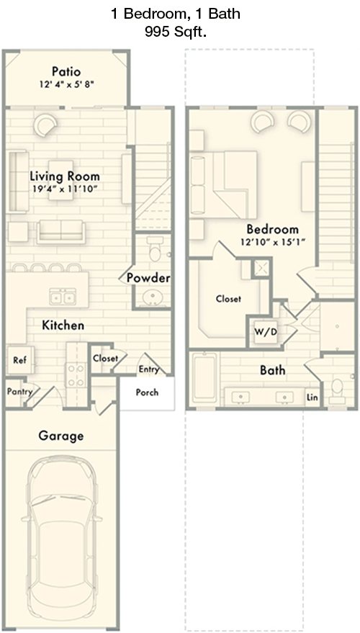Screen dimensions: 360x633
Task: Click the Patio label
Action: tap(66, 72)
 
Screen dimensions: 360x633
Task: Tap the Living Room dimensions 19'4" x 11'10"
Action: tap(66, 189)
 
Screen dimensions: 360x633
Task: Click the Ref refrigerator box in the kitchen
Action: tap(19, 360)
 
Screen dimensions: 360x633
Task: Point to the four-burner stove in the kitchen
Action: tap(77, 375)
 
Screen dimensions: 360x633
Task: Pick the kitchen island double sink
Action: tap(63, 297)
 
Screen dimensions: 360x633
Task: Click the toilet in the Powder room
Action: tap(155, 249)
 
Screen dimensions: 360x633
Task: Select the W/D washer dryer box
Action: tap(266, 332)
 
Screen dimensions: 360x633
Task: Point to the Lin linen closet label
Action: tap(312, 398)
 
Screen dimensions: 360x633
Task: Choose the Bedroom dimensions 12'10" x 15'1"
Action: tap(272, 242)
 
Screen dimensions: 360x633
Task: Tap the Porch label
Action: tap(147, 392)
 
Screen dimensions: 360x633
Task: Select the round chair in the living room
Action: tap(45, 125)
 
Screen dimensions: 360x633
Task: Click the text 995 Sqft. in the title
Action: tap(176, 32)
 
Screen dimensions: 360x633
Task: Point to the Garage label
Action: tap(61, 436)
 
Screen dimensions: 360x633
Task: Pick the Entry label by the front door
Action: tap(148, 369)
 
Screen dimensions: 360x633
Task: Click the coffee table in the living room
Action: tap(61, 180)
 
